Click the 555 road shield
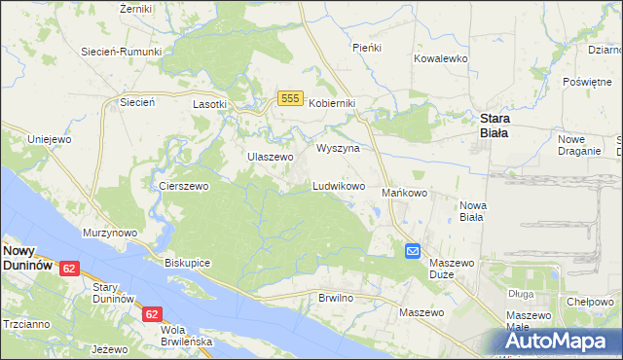(x=288, y=98)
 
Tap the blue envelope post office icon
(x=413, y=251)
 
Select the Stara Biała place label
(x=502, y=126)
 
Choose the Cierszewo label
(x=178, y=185)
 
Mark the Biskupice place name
(x=188, y=264)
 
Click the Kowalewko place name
(x=441, y=58)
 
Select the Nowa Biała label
(x=472, y=210)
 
